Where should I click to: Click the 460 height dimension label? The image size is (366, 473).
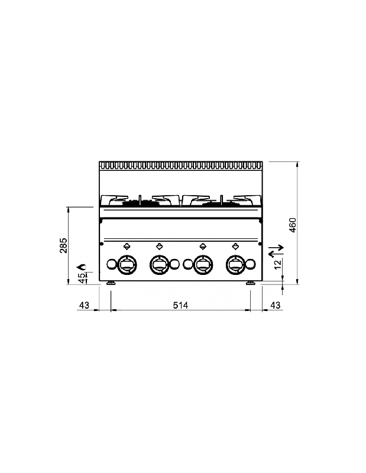[x=293, y=225]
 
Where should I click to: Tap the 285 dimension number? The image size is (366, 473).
[x=63, y=245]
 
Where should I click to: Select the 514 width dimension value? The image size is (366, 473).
[x=180, y=305]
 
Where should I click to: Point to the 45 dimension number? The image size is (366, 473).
[x=82, y=278]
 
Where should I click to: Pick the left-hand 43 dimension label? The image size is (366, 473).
[x=84, y=305]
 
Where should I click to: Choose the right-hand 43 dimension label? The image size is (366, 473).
[x=275, y=305]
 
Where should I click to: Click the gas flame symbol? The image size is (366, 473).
[x=82, y=267]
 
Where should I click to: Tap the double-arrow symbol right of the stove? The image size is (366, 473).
[x=276, y=251]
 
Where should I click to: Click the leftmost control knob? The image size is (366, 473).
[x=127, y=264]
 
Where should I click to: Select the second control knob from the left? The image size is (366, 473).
[x=159, y=264]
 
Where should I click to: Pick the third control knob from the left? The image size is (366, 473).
[x=203, y=264]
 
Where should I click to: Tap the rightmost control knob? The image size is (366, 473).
[x=235, y=264]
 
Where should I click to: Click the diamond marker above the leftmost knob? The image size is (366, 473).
[x=127, y=247]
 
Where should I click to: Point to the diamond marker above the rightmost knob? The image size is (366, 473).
[x=235, y=247]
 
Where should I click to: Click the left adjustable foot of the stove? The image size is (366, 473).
[x=111, y=283]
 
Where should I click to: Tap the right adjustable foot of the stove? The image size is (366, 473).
[x=250, y=283]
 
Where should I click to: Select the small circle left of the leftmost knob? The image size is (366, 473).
[x=112, y=264]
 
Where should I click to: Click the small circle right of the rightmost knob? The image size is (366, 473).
[x=250, y=264]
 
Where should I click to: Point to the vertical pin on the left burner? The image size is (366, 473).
[x=140, y=200]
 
